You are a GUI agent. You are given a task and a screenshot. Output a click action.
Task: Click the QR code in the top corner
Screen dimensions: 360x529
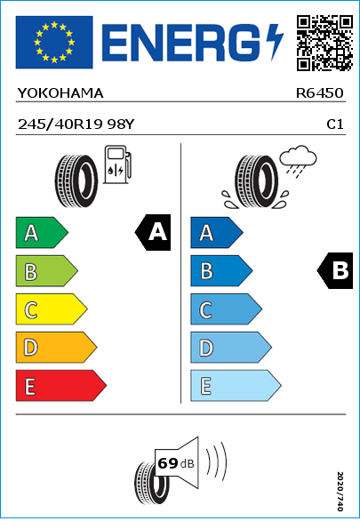point(324,43)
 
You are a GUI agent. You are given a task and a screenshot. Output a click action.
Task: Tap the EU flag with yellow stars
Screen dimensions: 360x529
point(54,42)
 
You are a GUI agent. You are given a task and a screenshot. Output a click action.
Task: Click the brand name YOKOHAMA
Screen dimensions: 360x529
point(60,93)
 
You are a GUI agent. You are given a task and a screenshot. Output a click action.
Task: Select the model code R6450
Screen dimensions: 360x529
point(319,93)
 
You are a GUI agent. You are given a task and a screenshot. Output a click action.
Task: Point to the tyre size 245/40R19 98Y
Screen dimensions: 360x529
point(76,124)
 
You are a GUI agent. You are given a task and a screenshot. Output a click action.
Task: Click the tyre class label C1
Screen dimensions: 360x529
point(335,124)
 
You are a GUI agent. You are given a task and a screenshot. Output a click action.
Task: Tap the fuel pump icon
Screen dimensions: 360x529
point(117,164)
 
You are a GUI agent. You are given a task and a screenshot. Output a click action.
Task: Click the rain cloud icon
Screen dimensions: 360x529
point(299,161)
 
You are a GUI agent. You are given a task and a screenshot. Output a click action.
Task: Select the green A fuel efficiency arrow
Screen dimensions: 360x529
point(42,232)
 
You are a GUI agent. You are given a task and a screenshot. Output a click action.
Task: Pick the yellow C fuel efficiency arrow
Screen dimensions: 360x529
point(52,309)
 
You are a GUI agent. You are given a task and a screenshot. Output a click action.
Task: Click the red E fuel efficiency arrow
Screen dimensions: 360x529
point(61,386)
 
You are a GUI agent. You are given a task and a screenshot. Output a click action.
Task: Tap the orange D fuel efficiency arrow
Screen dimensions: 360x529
point(56,347)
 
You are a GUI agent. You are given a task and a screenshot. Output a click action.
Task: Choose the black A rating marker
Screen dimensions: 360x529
point(153,232)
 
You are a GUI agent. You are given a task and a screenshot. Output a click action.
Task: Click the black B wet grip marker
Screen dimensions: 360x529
point(335,270)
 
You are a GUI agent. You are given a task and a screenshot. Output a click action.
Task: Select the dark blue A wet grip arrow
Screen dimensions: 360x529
point(217,232)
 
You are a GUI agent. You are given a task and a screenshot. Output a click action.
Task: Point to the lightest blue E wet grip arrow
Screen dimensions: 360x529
point(236,386)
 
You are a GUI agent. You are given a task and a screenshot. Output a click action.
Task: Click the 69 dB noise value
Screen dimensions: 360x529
point(176,463)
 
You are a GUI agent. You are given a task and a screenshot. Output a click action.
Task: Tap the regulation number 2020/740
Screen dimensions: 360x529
point(340,491)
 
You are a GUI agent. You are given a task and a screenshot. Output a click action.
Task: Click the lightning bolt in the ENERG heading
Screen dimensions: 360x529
point(275,42)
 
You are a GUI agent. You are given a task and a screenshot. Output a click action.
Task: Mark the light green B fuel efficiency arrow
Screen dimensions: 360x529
point(46,271)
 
